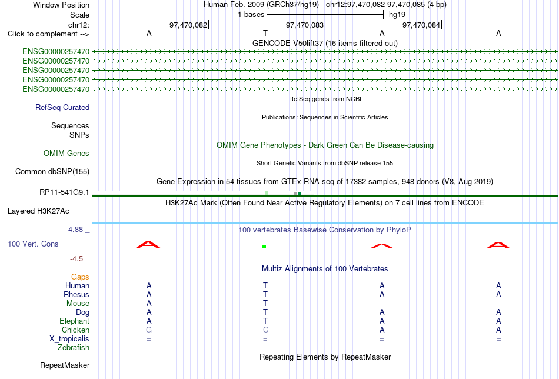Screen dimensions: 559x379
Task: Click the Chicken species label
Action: (75, 330)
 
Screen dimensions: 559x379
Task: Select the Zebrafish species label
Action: (74, 347)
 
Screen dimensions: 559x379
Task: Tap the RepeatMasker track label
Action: (65, 365)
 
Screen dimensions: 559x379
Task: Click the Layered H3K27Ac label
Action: (38, 211)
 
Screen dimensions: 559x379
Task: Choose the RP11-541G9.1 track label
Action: (64, 192)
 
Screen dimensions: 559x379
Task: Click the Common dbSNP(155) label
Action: (52, 171)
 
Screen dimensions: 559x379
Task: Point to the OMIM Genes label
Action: (66, 154)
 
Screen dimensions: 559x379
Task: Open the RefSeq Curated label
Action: (62, 107)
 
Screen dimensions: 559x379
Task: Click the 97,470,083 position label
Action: (305, 25)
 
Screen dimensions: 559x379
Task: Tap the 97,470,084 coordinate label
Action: (421, 25)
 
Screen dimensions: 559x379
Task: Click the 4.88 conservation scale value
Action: (75, 230)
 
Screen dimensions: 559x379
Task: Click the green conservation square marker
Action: (264, 246)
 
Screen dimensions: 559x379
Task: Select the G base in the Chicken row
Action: (149, 330)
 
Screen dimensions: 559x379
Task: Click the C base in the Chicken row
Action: (265, 330)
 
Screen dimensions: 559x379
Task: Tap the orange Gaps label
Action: (80, 277)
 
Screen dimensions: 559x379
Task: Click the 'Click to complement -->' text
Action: (48, 34)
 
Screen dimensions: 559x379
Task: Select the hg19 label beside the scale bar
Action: (397, 15)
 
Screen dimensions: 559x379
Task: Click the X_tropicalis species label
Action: (69, 339)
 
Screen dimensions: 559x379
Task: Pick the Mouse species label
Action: (78, 304)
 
